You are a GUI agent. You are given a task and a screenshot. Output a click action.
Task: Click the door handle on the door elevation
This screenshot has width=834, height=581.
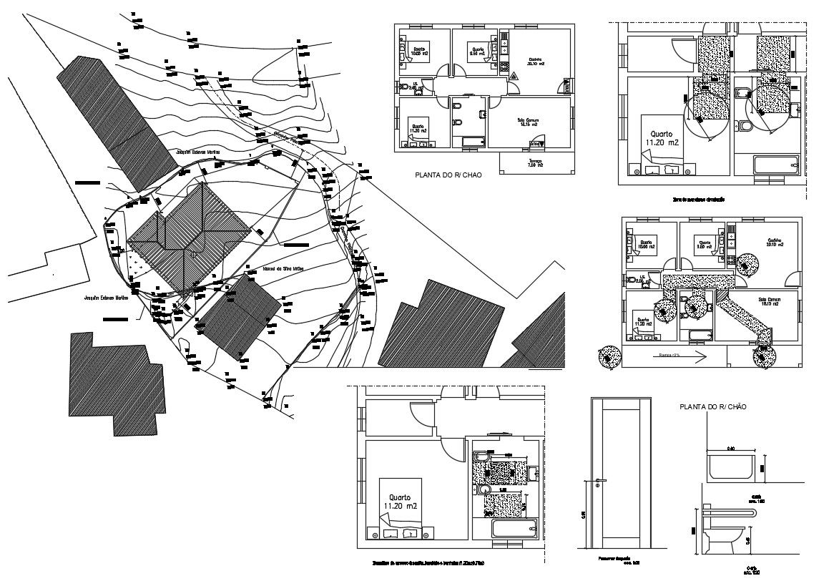[x=599, y=480]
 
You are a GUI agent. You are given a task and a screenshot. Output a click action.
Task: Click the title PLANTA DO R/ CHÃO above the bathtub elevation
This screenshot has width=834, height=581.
[x=712, y=406]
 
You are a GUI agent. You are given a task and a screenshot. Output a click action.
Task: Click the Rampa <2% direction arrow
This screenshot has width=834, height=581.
[x=680, y=355]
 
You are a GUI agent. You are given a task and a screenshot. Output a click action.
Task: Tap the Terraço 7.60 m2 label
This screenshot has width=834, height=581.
[x=536, y=164]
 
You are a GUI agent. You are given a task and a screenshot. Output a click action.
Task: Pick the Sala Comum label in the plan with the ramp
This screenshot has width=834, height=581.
[x=770, y=301]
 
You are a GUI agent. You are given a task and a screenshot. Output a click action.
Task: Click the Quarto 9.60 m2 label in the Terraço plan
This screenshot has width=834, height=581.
[x=477, y=52]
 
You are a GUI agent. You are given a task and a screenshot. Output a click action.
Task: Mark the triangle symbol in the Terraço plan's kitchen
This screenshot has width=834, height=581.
[x=514, y=76]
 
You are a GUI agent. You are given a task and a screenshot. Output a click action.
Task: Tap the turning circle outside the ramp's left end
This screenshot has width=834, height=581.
[x=610, y=356]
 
